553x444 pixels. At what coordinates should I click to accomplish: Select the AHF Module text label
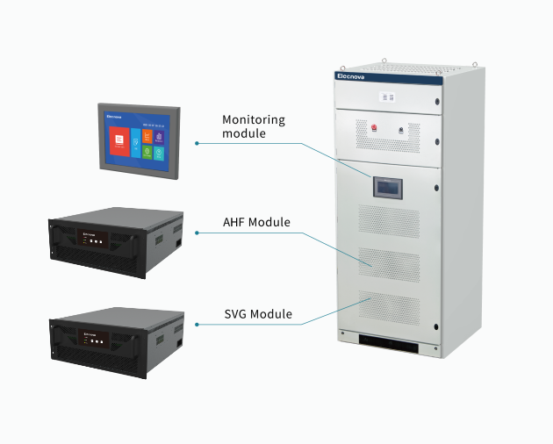click(256, 222)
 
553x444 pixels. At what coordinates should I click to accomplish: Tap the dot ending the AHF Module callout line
click(197, 233)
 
